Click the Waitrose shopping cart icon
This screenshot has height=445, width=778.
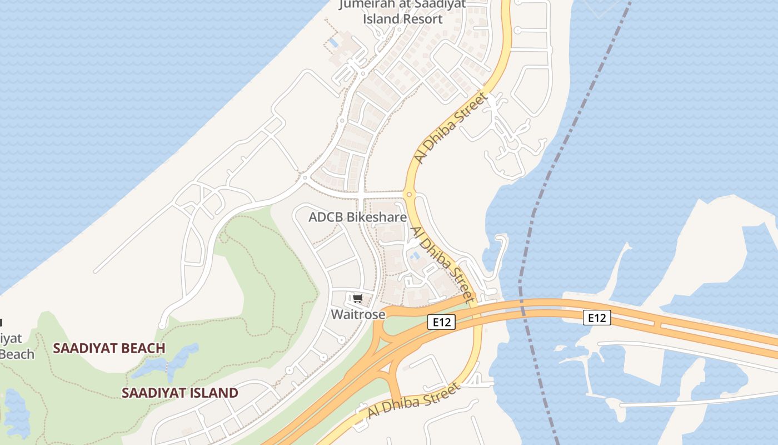[x=357, y=299]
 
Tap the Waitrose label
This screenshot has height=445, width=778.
[x=358, y=314]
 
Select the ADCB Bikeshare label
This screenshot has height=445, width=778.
[x=357, y=217]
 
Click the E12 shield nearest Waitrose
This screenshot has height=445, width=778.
[x=442, y=322]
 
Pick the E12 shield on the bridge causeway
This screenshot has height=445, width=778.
[x=597, y=318]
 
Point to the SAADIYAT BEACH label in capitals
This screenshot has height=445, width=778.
[x=109, y=349]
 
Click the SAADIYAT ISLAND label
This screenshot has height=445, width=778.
[x=179, y=393]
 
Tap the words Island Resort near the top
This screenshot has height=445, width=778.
[x=403, y=19]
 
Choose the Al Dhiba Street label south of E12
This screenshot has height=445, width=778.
[x=413, y=402]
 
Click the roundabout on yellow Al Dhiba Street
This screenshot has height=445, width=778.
[x=409, y=195]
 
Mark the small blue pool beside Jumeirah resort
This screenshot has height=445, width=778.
[x=333, y=42]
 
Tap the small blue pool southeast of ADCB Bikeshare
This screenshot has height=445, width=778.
[x=415, y=256]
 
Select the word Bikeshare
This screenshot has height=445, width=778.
[x=377, y=217]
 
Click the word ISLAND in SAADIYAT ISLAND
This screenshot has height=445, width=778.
[x=211, y=393]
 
